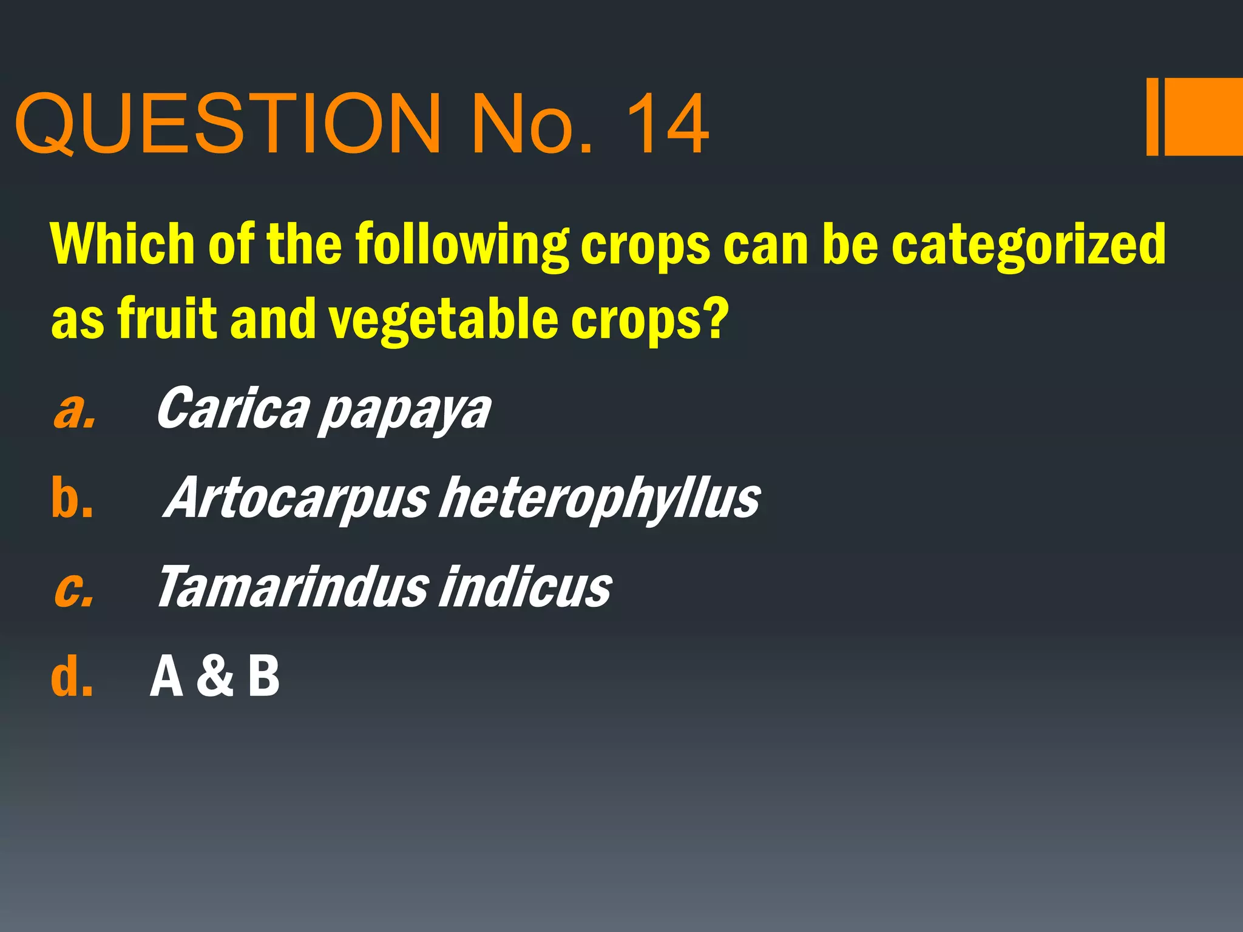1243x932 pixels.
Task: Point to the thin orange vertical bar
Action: pos(1152,116)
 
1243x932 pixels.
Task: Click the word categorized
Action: pos(1028,245)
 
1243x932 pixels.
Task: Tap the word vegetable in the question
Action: pos(442,320)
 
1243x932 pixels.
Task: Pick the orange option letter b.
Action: pos(72,498)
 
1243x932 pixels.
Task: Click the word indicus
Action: pos(524,587)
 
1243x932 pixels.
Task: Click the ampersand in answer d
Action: pos(215,676)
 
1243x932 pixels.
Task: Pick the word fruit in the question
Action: pos(167,318)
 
